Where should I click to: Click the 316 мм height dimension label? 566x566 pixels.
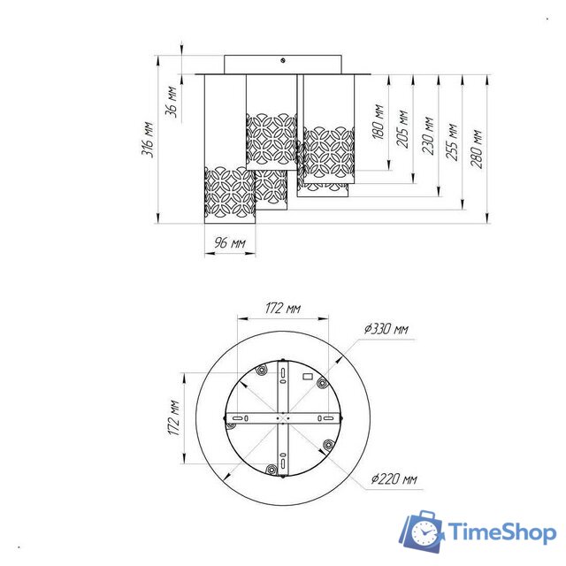(148, 140)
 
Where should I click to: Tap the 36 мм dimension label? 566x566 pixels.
(172, 102)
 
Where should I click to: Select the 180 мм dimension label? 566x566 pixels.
(378, 122)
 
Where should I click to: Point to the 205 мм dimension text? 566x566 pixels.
(402, 129)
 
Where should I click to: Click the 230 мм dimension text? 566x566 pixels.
(427, 135)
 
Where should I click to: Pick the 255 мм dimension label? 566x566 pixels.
(451, 141)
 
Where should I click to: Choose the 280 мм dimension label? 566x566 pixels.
(476, 149)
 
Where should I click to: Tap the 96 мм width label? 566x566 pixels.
(230, 242)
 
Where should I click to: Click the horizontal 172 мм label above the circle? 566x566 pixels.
(283, 309)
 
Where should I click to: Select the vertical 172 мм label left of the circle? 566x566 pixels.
(174, 417)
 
